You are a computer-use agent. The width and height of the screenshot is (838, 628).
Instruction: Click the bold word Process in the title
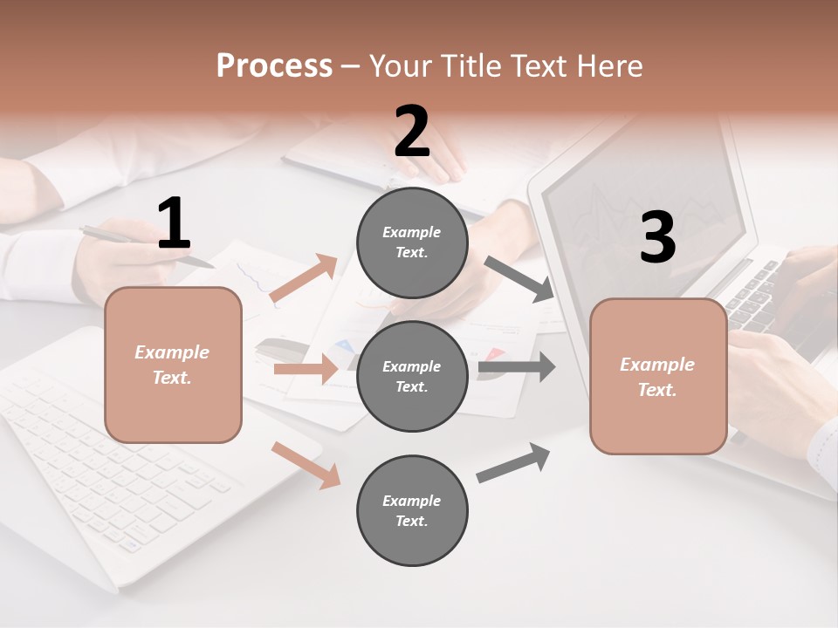pos(274,65)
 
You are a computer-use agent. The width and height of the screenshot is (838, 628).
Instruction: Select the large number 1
pos(174,224)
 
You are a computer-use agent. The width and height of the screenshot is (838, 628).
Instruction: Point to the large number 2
pos(412,132)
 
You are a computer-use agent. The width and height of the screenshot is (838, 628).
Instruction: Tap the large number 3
pos(657,237)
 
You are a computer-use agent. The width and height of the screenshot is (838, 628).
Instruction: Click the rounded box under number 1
pos(173,365)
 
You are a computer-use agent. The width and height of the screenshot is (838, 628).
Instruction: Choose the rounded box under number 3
pos(658,377)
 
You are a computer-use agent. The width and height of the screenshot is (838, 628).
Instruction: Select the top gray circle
pos(412,242)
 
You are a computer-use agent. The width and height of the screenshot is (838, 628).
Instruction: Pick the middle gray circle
pos(412,377)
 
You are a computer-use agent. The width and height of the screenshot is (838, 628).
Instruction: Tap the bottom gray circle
pos(412,511)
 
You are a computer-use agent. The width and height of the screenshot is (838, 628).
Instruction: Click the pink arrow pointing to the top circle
pos(304,278)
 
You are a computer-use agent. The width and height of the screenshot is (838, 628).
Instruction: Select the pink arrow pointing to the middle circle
pos(306,369)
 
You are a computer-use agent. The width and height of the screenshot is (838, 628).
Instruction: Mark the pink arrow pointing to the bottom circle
pos(306,465)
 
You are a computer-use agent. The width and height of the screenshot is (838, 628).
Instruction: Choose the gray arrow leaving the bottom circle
pos(513,462)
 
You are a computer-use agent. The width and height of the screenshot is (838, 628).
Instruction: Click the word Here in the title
pos(608,65)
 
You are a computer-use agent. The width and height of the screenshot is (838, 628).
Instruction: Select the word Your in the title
pos(400,65)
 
